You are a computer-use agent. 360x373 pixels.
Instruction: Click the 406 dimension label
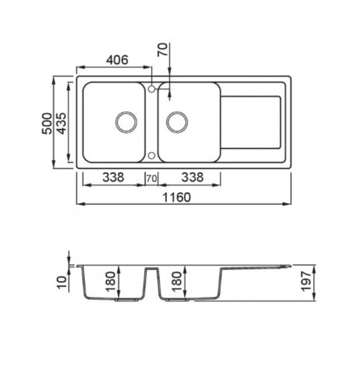point(117,60)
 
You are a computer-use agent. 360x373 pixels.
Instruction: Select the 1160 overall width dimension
point(176,197)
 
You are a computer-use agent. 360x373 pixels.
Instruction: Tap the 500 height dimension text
point(47,123)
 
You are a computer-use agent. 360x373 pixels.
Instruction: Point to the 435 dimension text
point(62,123)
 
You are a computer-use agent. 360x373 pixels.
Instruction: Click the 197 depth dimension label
point(306,281)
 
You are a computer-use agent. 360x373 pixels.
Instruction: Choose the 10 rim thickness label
point(62,283)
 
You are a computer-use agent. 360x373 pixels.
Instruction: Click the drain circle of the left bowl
point(126,122)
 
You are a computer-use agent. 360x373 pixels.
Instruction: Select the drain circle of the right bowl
point(177,122)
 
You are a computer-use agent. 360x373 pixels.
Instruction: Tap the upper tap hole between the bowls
point(151,89)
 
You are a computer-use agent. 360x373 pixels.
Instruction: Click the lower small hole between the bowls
point(151,156)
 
